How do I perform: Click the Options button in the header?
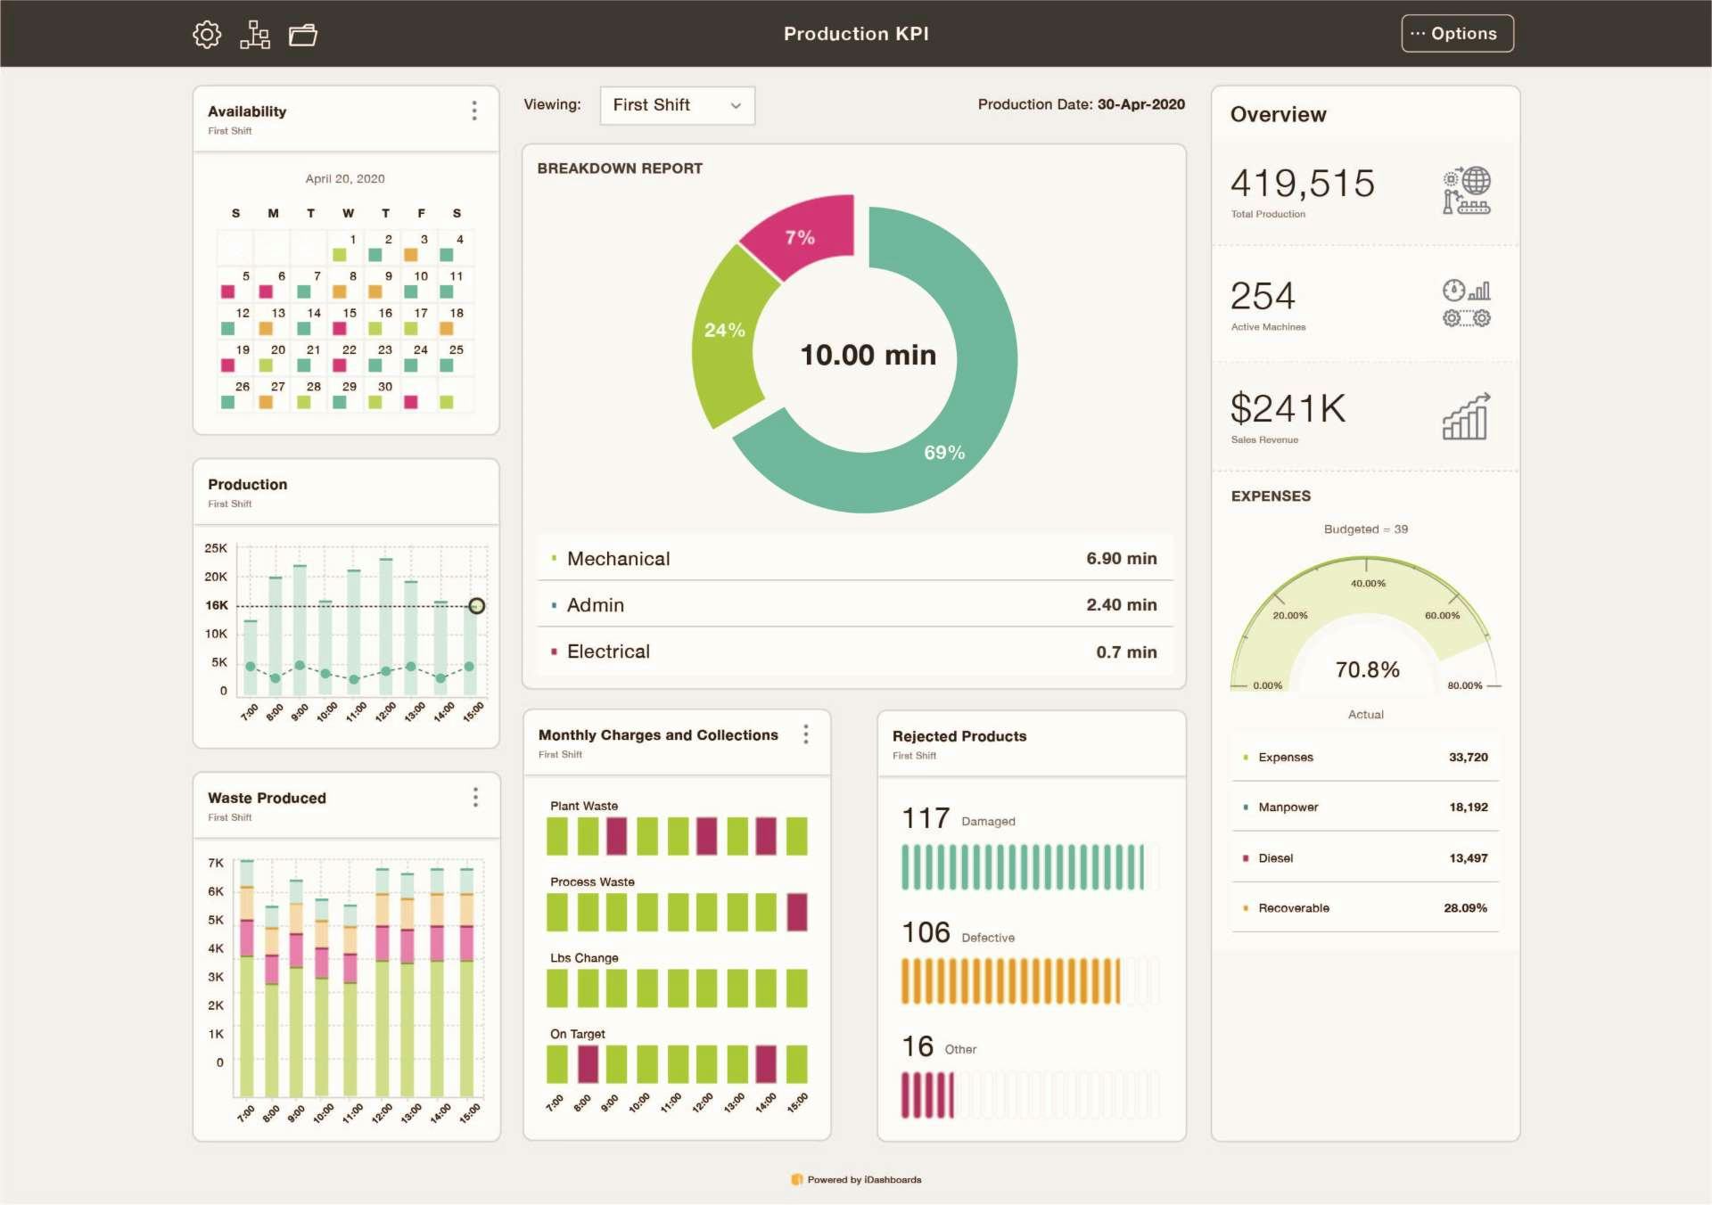(1456, 34)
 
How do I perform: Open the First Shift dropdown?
(677, 105)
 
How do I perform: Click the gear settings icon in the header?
(207, 35)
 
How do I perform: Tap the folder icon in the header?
(303, 35)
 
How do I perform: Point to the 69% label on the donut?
(944, 453)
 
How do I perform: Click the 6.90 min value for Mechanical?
(1121, 559)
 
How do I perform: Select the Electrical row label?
(608, 652)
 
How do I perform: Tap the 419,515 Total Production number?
(1302, 184)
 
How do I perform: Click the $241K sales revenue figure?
(1288, 409)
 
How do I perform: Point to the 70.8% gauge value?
(1367, 669)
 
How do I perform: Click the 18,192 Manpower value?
(1468, 807)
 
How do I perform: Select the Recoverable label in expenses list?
(1293, 908)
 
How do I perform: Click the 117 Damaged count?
(926, 818)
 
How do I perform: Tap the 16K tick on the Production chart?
(217, 605)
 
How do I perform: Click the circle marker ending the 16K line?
(477, 606)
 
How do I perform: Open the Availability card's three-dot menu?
(474, 111)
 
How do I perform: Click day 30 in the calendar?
(385, 387)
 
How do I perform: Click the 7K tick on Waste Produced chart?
(216, 863)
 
